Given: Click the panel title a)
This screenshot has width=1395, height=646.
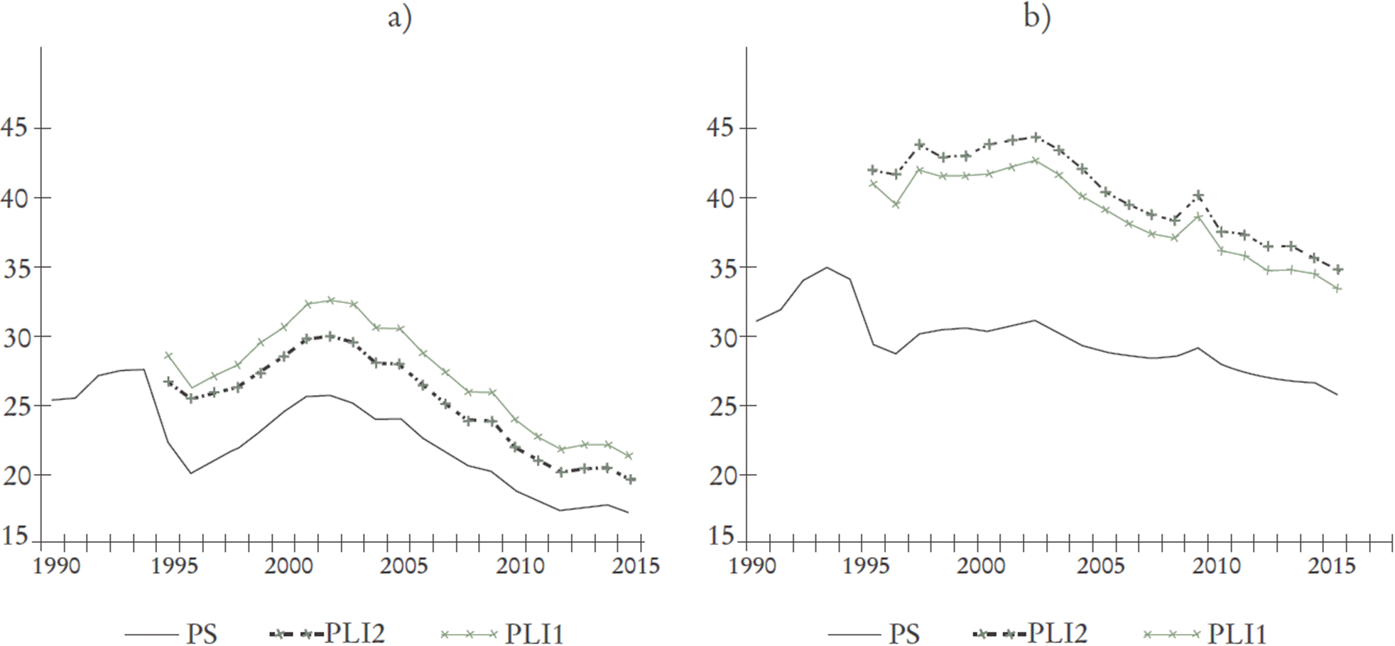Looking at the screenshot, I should pyautogui.click(x=399, y=18).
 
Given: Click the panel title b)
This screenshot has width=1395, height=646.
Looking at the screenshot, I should pyautogui.click(x=1037, y=18).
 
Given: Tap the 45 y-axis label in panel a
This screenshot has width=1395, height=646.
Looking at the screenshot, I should pyautogui.click(x=15, y=128).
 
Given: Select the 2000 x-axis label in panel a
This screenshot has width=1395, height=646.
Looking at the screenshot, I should pyautogui.click(x=288, y=566).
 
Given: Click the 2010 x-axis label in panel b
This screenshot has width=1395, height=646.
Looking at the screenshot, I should pyautogui.click(x=1215, y=566).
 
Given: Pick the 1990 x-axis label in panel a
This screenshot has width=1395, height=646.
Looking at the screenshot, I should pyautogui.click(x=57, y=566).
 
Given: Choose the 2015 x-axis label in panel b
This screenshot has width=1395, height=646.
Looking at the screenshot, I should pyautogui.click(x=1331, y=566).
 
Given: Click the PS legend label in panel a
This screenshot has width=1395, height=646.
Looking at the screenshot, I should pyautogui.click(x=202, y=633).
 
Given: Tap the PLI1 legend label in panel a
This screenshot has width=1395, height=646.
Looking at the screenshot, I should pyautogui.click(x=534, y=633).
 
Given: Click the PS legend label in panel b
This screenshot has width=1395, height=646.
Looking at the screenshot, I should pyautogui.click(x=904, y=633).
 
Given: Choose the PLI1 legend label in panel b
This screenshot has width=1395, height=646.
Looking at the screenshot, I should pyautogui.click(x=1237, y=633).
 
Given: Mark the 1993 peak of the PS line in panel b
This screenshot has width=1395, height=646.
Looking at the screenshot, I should pyautogui.click(x=826, y=267).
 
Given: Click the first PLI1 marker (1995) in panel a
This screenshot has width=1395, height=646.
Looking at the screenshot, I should pyautogui.click(x=168, y=355).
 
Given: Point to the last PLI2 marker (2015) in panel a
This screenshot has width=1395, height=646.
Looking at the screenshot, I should pyautogui.click(x=630, y=480).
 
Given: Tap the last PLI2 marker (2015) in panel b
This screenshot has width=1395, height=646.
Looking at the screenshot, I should pyautogui.click(x=1337, y=270).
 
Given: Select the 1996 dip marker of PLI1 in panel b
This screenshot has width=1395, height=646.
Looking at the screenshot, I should pyautogui.click(x=896, y=205).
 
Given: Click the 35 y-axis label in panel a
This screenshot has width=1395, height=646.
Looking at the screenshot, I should pyautogui.click(x=15, y=267).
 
